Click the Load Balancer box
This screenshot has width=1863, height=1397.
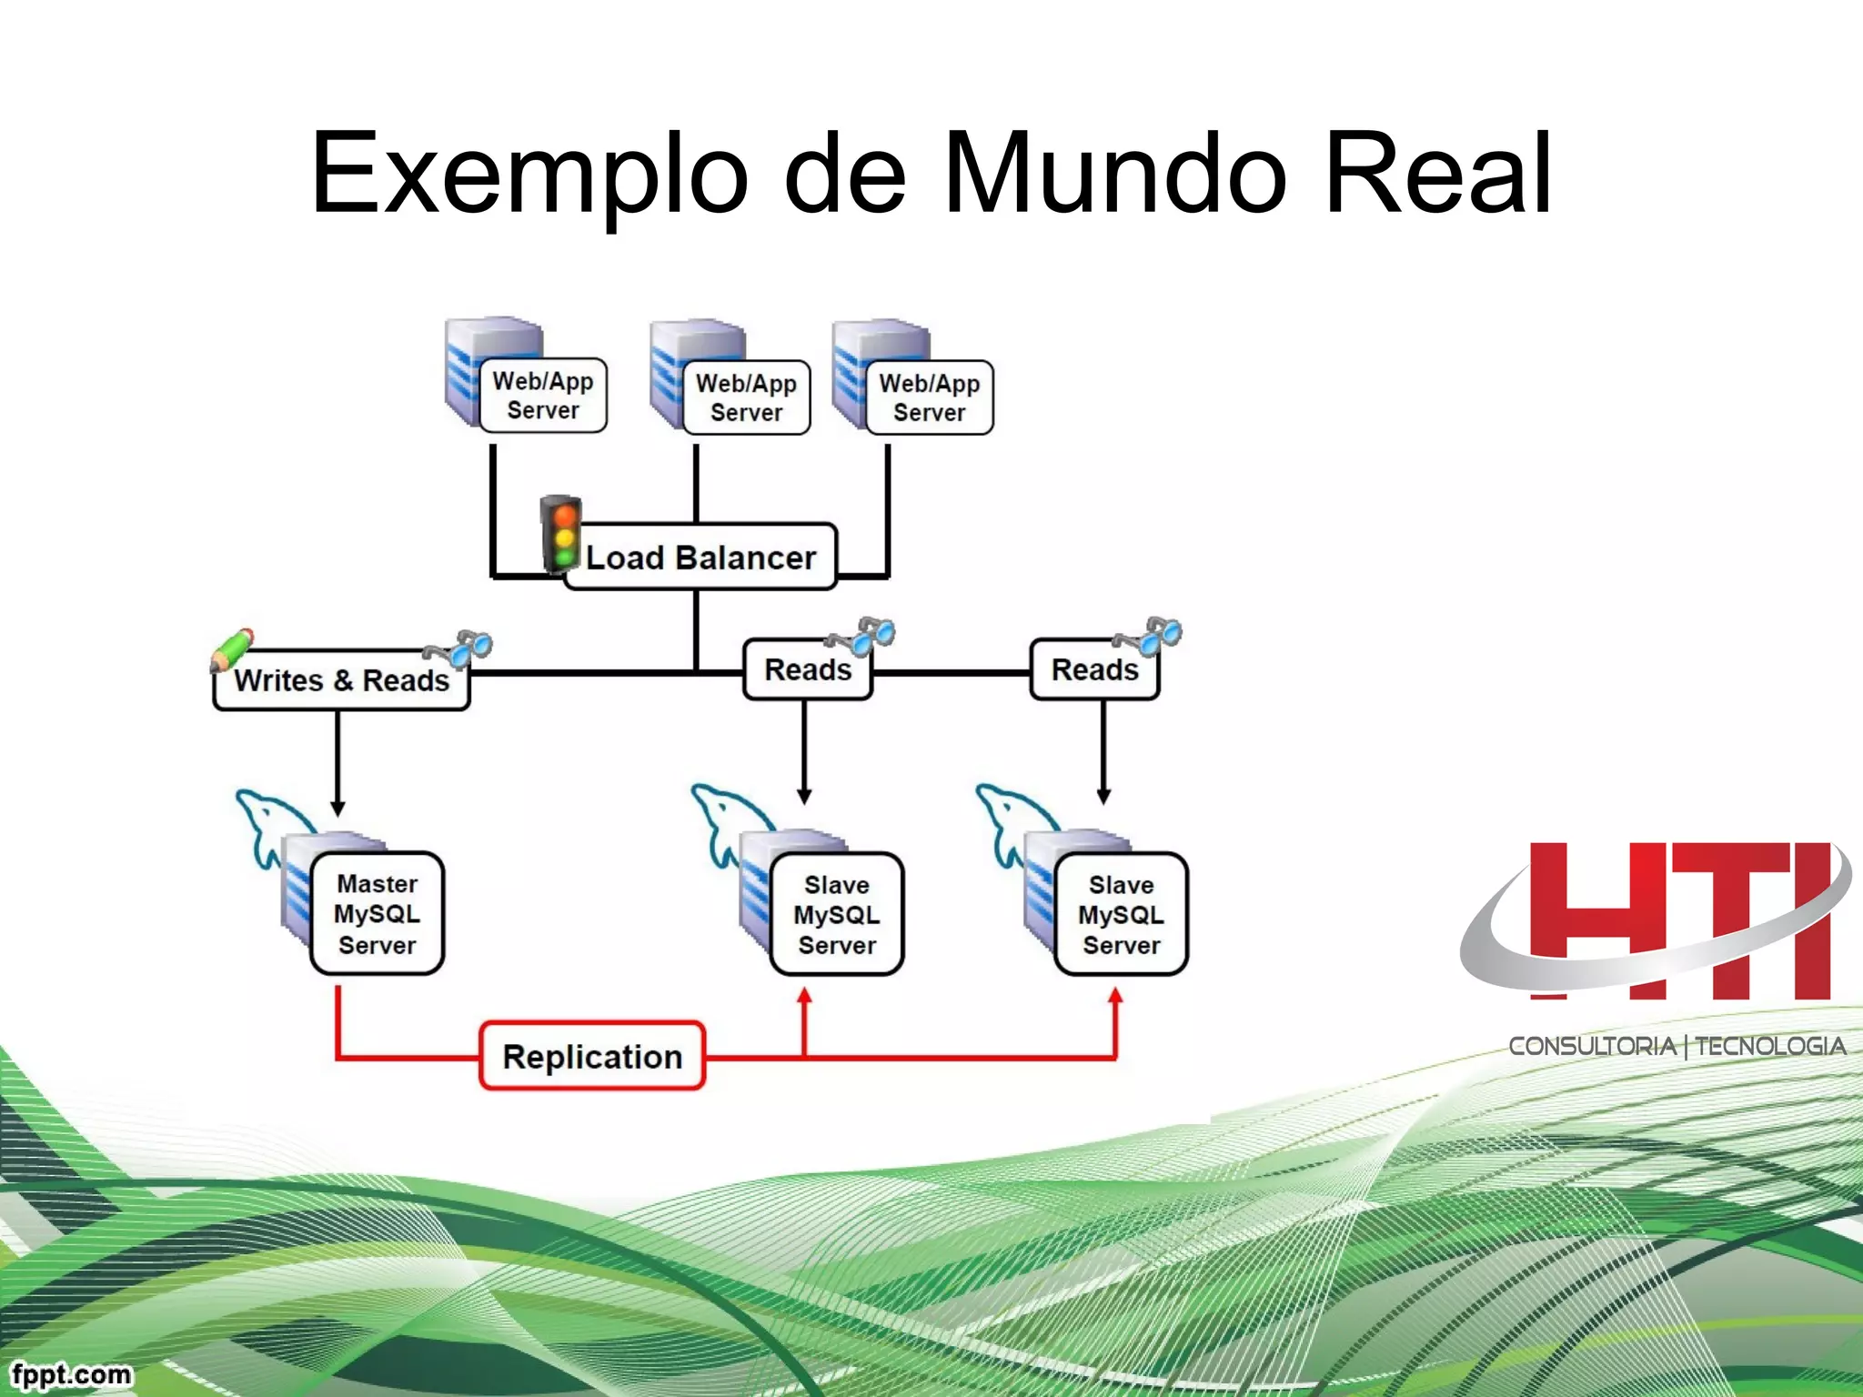point(700,557)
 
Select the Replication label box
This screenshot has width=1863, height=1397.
point(592,1056)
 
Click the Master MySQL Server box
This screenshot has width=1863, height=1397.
point(377,914)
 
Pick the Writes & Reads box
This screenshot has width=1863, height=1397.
point(341,680)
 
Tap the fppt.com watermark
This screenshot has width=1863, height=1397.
point(71,1373)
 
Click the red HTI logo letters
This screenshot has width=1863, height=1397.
point(1678,920)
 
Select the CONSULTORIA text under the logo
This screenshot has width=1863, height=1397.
point(1592,1047)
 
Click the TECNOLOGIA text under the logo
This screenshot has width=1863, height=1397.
point(1770,1047)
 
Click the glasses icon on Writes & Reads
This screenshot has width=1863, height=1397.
point(461,648)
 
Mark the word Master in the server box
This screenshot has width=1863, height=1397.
point(377,883)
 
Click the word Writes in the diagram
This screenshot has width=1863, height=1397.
point(278,680)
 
